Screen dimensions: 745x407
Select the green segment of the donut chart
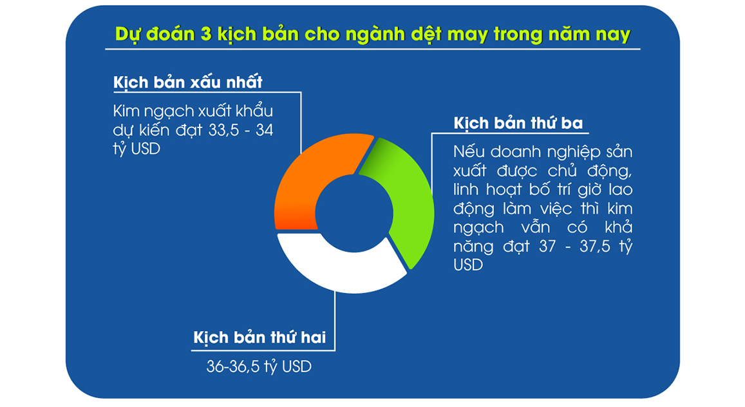click(x=409, y=200)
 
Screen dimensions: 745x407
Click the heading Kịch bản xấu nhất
click(x=187, y=82)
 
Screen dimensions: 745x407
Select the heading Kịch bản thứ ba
click(x=518, y=124)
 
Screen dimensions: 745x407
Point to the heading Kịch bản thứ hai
click(x=259, y=337)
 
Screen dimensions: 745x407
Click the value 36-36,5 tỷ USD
click(x=259, y=366)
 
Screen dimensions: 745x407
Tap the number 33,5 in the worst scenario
click(x=224, y=130)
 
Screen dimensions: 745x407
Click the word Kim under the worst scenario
click(x=126, y=111)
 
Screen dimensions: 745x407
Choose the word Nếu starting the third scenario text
click(x=469, y=151)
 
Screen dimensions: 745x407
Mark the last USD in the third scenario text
click(x=468, y=265)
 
